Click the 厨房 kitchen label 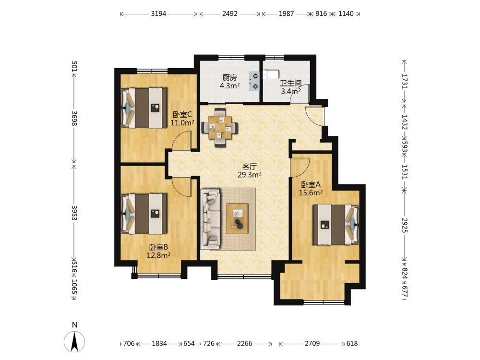click(x=229, y=78)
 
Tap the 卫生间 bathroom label click(x=291, y=83)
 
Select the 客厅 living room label click(x=250, y=167)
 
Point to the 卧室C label click(x=182, y=115)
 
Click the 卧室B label click(x=158, y=247)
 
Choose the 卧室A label click(x=311, y=185)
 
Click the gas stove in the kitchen click(x=254, y=82)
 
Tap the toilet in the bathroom click(x=271, y=74)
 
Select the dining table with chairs click(x=220, y=127)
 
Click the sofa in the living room click(x=210, y=218)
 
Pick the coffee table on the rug click(x=237, y=218)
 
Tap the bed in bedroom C click(x=144, y=108)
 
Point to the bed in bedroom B click(x=144, y=214)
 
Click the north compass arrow click(x=74, y=341)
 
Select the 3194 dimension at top click(x=158, y=14)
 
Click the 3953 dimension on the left click(x=74, y=213)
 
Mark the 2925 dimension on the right click(x=404, y=225)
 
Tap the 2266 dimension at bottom click(x=245, y=344)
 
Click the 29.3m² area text click(x=250, y=175)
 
